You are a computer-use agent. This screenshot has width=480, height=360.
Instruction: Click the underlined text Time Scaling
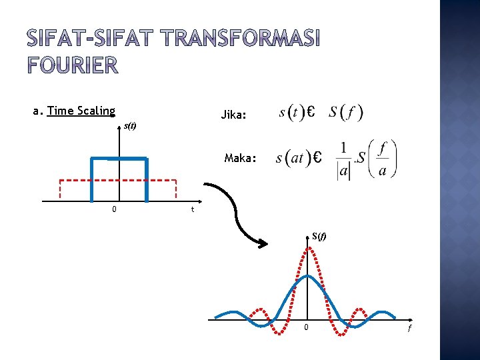pos(81,111)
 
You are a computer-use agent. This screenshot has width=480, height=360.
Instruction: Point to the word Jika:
pos(233,115)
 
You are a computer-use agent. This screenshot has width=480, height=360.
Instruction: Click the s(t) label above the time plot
pos(130,126)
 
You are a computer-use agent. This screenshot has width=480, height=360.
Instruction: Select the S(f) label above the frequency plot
pos(319,235)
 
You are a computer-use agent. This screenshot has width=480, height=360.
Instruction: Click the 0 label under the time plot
pos(115,210)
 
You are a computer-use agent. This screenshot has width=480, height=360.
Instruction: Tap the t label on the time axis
pos(193,210)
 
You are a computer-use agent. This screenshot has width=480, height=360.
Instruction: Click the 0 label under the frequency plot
pos(306,327)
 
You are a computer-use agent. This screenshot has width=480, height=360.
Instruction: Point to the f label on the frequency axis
pos(409,328)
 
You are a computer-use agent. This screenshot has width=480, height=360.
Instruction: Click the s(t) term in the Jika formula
pos(291,112)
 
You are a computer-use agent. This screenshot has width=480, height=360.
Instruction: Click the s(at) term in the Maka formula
pos(293,159)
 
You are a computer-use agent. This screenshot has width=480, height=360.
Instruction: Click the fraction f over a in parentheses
pos(382,159)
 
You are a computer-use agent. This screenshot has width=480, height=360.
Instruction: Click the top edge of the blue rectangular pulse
pos(119,158)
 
